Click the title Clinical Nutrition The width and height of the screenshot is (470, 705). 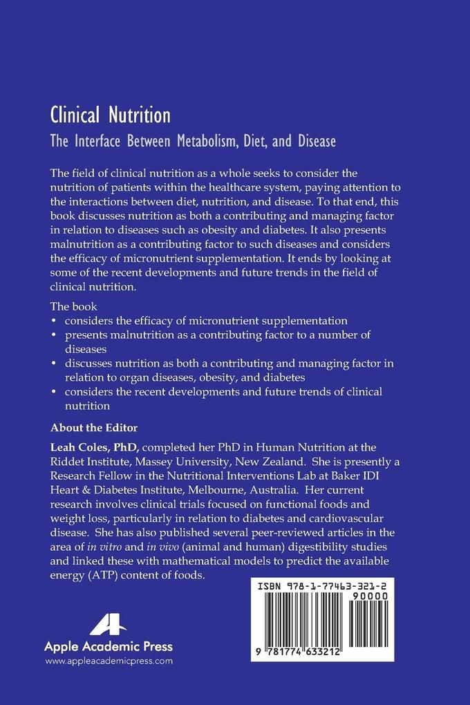point(111,114)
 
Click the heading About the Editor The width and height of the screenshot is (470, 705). point(98,426)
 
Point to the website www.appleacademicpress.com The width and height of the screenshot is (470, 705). point(109,661)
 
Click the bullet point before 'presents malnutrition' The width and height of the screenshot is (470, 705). point(55,335)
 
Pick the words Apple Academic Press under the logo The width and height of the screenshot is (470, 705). point(109,647)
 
